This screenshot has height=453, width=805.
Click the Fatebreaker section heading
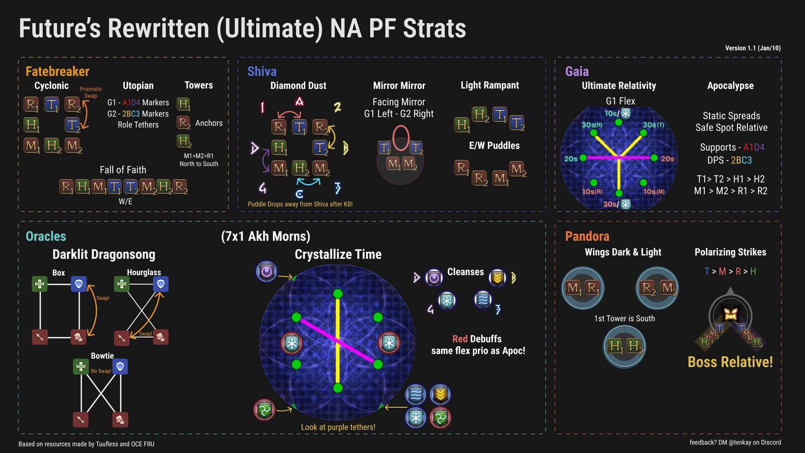tap(57, 71)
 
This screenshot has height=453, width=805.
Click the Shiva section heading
tap(262, 71)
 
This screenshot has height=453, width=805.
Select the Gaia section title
tap(576, 71)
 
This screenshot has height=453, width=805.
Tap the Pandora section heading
tap(587, 236)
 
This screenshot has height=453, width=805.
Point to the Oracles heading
tap(46, 236)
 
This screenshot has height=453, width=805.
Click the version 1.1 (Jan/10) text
tap(753, 48)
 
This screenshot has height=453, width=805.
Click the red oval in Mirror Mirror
tap(401, 138)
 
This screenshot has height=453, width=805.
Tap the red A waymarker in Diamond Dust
tap(299, 102)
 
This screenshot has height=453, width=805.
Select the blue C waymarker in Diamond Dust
tap(299, 194)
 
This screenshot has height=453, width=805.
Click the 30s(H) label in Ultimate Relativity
tap(592, 125)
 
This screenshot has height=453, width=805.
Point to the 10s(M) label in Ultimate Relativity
tap(654, 192)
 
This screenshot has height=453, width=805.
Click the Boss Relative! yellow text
tap(730, 362)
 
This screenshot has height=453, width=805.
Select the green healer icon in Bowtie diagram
tap(80, 367)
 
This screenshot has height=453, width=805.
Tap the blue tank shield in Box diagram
tap(79, 284)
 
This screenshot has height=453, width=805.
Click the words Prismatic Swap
tap(91, 92)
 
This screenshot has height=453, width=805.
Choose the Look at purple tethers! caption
tap(338, 427)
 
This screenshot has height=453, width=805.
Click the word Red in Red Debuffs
tap(460, 339)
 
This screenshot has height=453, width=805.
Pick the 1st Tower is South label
tap(624, 318)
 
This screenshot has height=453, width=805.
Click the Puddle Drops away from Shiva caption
tap(300, 204)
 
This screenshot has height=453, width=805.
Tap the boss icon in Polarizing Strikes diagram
tap(730, 313)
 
